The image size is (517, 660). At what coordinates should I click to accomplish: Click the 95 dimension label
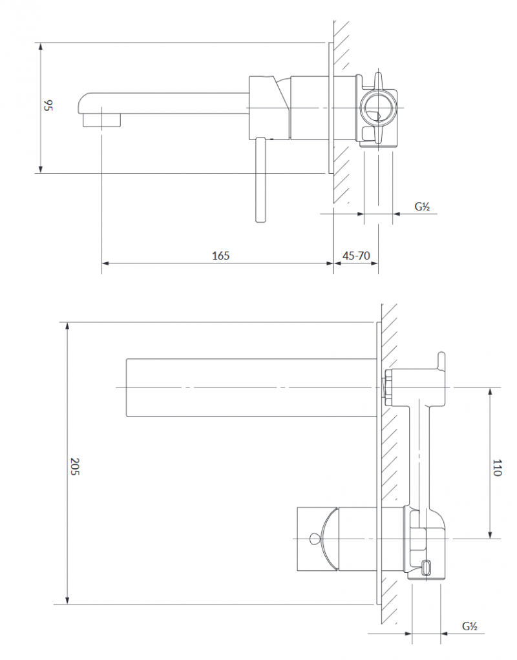47,105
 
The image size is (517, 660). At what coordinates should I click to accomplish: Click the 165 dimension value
221,255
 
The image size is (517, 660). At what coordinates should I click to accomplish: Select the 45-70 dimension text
355,255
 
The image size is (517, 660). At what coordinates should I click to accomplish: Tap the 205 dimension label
74,466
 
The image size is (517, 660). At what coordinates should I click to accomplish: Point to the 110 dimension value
496,467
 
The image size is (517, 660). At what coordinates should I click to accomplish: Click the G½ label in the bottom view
469,626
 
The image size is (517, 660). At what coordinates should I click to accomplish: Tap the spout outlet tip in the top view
102,120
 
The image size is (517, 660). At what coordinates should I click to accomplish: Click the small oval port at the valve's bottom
427,568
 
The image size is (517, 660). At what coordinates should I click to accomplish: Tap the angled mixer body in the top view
269,107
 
